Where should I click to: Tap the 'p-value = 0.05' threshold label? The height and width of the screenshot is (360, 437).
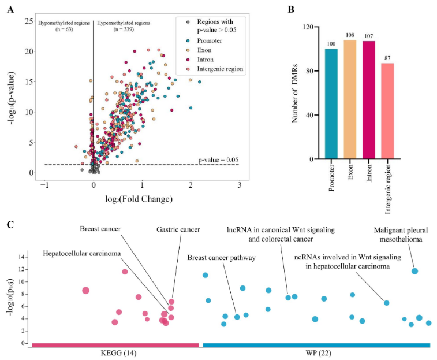(218, 159)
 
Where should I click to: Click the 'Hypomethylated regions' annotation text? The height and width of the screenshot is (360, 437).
(64, 23)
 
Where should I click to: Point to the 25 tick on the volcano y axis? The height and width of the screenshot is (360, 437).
(27, 21)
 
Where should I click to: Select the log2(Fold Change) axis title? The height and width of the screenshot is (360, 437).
(142, 200)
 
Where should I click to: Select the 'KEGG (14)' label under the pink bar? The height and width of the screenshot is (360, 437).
(115, 354)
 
